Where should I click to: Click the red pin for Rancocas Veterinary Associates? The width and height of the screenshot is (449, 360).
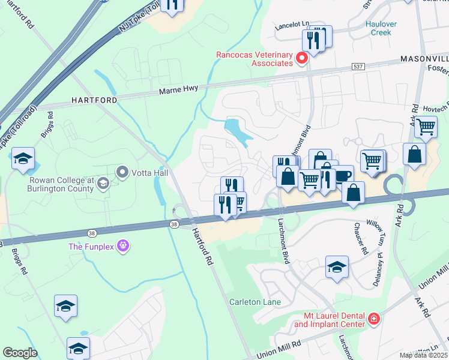[303, 59]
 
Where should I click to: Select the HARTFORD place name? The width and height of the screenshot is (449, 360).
[94, 100]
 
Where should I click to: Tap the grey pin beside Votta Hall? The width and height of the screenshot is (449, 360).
[123, 173]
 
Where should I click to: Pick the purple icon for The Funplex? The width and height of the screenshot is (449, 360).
[124, 245]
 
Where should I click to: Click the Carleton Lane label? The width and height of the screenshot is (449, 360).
[255, 302]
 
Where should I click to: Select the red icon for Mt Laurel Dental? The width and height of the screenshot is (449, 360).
[374, 318]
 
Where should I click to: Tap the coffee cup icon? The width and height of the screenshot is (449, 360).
[342, 176]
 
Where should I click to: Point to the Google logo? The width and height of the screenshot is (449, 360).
[20, 352]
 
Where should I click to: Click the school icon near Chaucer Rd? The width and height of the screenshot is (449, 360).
[337, 266]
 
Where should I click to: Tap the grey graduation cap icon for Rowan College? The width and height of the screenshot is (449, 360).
[103, 184]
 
